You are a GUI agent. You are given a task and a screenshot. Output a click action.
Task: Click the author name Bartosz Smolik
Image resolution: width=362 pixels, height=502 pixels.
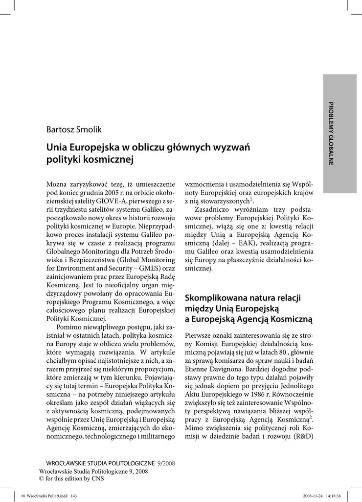tap(73, 129)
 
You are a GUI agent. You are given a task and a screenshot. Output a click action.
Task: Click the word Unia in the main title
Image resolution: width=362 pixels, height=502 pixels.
tap(57, 147)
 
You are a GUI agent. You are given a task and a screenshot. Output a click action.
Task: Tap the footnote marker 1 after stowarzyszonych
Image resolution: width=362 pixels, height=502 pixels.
tap(251, 199)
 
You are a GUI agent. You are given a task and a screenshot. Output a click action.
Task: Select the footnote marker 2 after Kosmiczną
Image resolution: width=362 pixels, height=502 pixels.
tap(312, 417)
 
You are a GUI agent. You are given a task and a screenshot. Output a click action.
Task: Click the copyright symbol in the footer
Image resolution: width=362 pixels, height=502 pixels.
tap(41, 478)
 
